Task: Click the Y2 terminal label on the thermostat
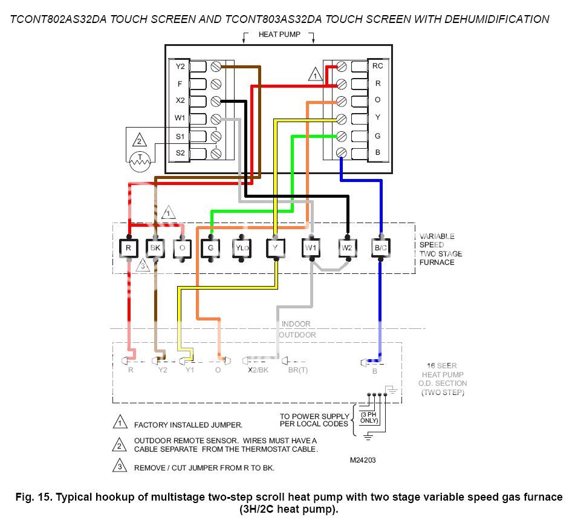180,66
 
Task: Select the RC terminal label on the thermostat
378,66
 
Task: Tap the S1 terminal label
180,137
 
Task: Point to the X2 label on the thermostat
180,100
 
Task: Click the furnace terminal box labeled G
211,248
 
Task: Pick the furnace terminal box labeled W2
346,248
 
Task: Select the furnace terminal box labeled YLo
241,248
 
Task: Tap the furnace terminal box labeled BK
155,248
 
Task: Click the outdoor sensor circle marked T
140,161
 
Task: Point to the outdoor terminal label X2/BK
258,370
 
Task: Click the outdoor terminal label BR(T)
297,370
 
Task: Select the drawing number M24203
363,460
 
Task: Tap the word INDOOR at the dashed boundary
296,325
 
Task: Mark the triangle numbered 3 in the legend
120,466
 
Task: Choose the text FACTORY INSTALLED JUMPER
188,425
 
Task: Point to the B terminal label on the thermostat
378,152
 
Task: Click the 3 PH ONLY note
369,417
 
